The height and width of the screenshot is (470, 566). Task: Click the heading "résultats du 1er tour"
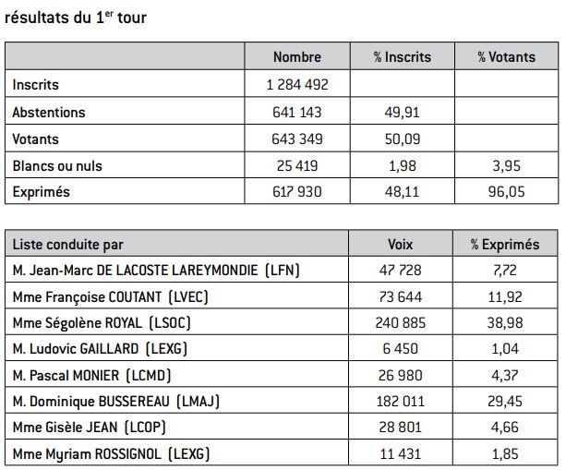tap(76, 18)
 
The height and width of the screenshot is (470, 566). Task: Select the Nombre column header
tap(297, 56)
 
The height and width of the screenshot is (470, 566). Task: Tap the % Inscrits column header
tap(403, 56)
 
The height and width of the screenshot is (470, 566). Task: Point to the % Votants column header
tap(507, 56)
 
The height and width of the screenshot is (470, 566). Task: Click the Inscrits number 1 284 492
tap(297, 84)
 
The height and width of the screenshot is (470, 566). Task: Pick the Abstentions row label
tap(49, 113)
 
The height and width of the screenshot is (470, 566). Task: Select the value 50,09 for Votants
tap(403, 139)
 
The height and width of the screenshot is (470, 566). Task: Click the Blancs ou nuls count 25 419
tap(297, 165)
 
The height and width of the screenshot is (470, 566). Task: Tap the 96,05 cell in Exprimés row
tap(507, 192)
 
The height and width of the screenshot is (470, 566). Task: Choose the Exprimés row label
tap(42, 192)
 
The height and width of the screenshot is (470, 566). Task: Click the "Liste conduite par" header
tap(67, 245)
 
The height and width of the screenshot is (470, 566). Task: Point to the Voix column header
tap(401, 245)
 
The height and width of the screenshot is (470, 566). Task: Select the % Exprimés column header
tap(505, 245)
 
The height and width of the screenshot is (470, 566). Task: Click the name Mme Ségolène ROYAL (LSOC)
tap(102, 322)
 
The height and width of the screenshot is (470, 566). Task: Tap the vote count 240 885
tap(401, 322)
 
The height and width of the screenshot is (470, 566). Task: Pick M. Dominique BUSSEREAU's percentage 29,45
tap(505, 401)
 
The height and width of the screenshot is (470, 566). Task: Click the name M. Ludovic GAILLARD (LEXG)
tap(100, 349)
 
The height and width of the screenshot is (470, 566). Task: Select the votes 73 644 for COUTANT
tap(401, 296)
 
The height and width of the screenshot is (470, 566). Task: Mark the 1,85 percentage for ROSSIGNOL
tap(505, 453)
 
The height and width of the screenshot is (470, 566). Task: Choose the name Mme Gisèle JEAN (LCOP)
tap(90, 428)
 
